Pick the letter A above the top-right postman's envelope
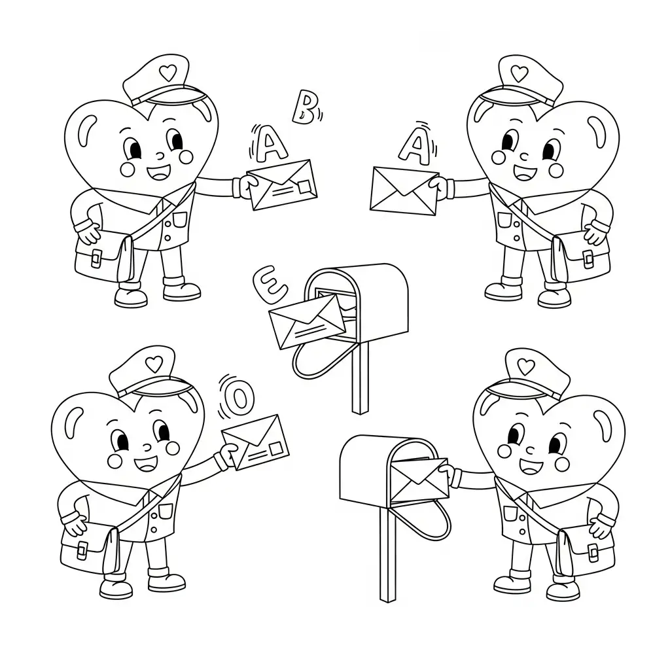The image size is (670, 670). click(414, 144)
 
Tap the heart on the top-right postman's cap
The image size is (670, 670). click(520, 73)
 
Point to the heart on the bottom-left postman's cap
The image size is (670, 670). click(152, 364)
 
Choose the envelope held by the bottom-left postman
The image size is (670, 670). click(256, 442)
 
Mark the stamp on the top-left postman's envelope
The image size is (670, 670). click(304, 187)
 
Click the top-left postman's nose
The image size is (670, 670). click(158, 157)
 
